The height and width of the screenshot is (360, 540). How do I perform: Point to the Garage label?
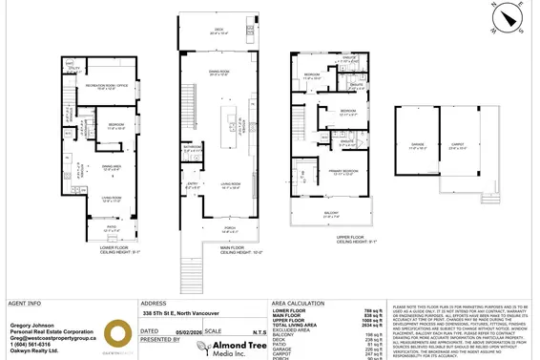[x=416, y=148]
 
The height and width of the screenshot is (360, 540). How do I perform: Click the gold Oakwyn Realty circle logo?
[x=116, y=335]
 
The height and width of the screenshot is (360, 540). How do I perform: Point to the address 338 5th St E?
[x=178, y=311]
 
